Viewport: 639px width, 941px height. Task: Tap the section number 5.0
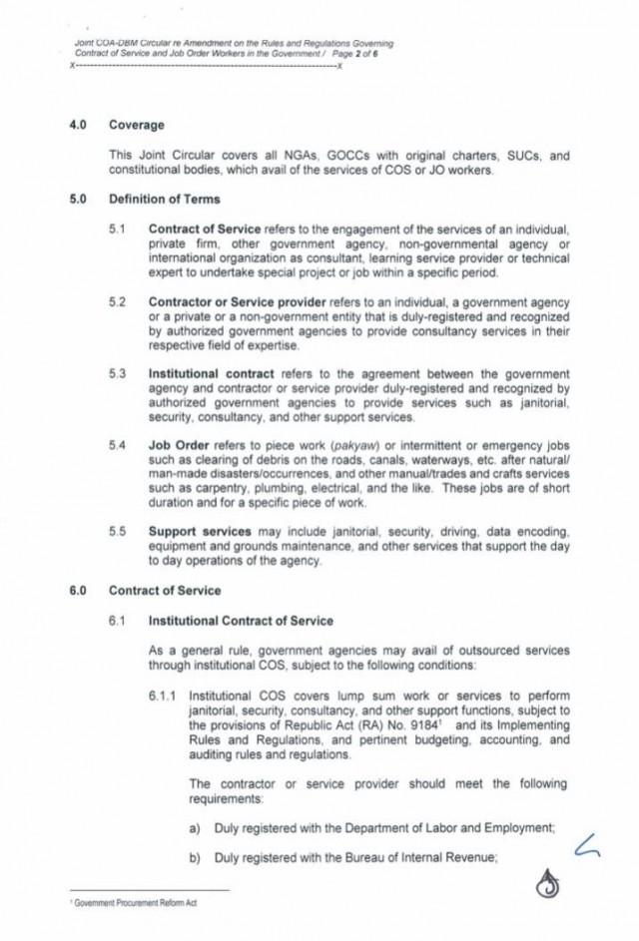79,200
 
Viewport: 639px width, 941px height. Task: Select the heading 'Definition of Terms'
165,200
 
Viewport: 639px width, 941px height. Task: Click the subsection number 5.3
119,371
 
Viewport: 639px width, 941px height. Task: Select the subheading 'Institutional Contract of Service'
241,620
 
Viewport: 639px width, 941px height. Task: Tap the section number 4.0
79,126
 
